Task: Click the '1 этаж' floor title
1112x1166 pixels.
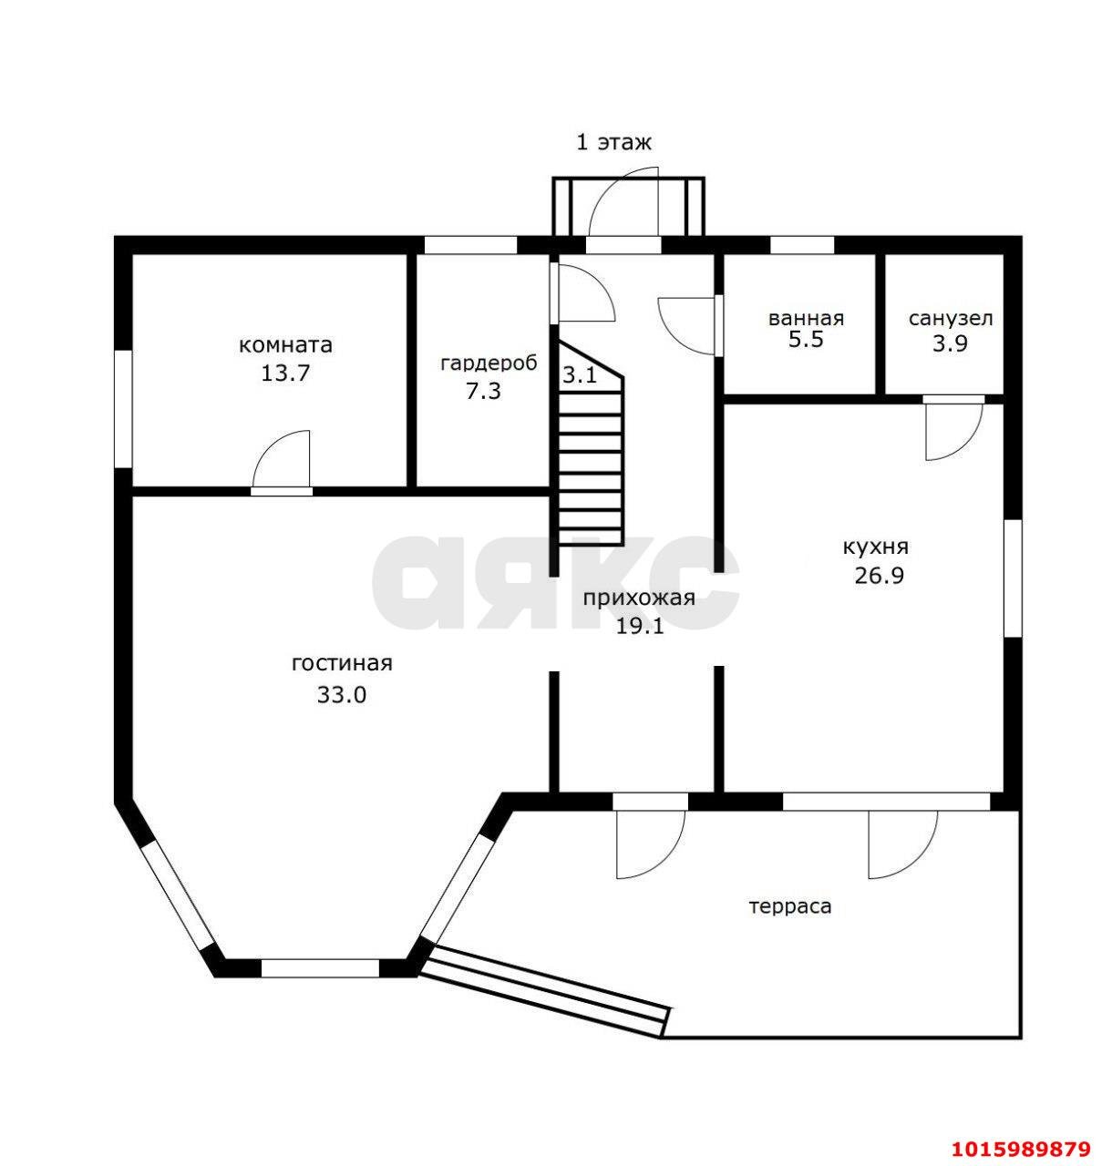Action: click(614, 143)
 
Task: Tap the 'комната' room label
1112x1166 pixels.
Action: click(285, 345)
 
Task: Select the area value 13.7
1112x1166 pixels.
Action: click(285, 373)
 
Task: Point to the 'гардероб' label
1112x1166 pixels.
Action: click(489, 363)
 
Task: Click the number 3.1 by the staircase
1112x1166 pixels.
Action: click(580, 374)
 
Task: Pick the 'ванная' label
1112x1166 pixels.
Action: click(806, 319)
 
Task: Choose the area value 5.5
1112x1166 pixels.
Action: click(806, 341)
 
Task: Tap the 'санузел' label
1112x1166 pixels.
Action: click(951, 319)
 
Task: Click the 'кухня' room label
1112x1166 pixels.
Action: click(876, 547)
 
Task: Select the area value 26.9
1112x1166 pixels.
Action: click(879, 576)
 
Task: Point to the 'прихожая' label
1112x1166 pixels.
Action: click(639, 598)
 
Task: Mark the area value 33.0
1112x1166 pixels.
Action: click(342, 694)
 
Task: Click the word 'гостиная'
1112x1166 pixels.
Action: click(343, 663)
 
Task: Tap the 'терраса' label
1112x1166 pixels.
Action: click(790, 906)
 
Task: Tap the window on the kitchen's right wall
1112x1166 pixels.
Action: click(1013, 578)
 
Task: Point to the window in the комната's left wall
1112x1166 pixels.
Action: click(123, 409)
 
